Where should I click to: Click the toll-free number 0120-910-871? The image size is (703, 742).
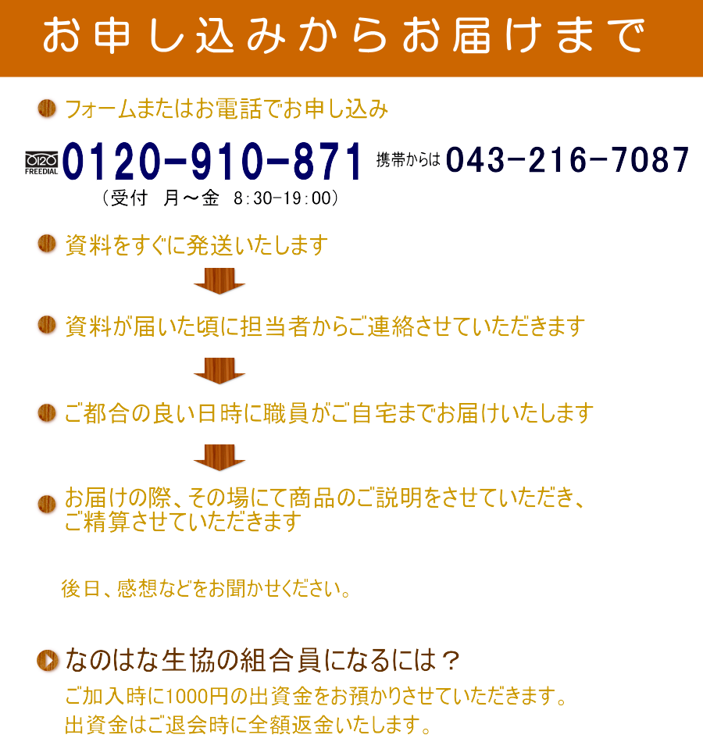coord(212,162)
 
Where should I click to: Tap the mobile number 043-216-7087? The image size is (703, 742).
coord(567,159)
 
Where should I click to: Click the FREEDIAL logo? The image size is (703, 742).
coord(41,163)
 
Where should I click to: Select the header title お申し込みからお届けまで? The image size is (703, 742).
coord(344,35)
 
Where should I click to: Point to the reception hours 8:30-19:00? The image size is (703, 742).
coord(282,198)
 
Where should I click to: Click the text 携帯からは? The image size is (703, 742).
coord(408,160)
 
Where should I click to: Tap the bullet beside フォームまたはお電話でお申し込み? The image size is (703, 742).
coord(47,109)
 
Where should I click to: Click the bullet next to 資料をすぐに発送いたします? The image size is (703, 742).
coord(47,244)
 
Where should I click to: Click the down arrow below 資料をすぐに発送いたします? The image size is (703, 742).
coord(219,280)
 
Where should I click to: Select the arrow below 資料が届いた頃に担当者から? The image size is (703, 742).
coord(219,370)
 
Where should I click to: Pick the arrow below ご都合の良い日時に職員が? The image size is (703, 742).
coord(219,458)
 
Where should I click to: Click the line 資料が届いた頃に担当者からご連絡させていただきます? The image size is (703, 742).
coord(325,326)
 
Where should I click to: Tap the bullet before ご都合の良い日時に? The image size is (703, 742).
coord(47,412)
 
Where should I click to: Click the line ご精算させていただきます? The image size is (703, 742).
coord(183,522)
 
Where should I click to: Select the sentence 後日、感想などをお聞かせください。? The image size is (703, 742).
coord(206,589)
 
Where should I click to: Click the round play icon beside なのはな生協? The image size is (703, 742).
coord(48,660)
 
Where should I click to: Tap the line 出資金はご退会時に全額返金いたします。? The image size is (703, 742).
coord(248,725)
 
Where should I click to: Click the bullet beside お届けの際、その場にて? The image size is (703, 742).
coord(47,505)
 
